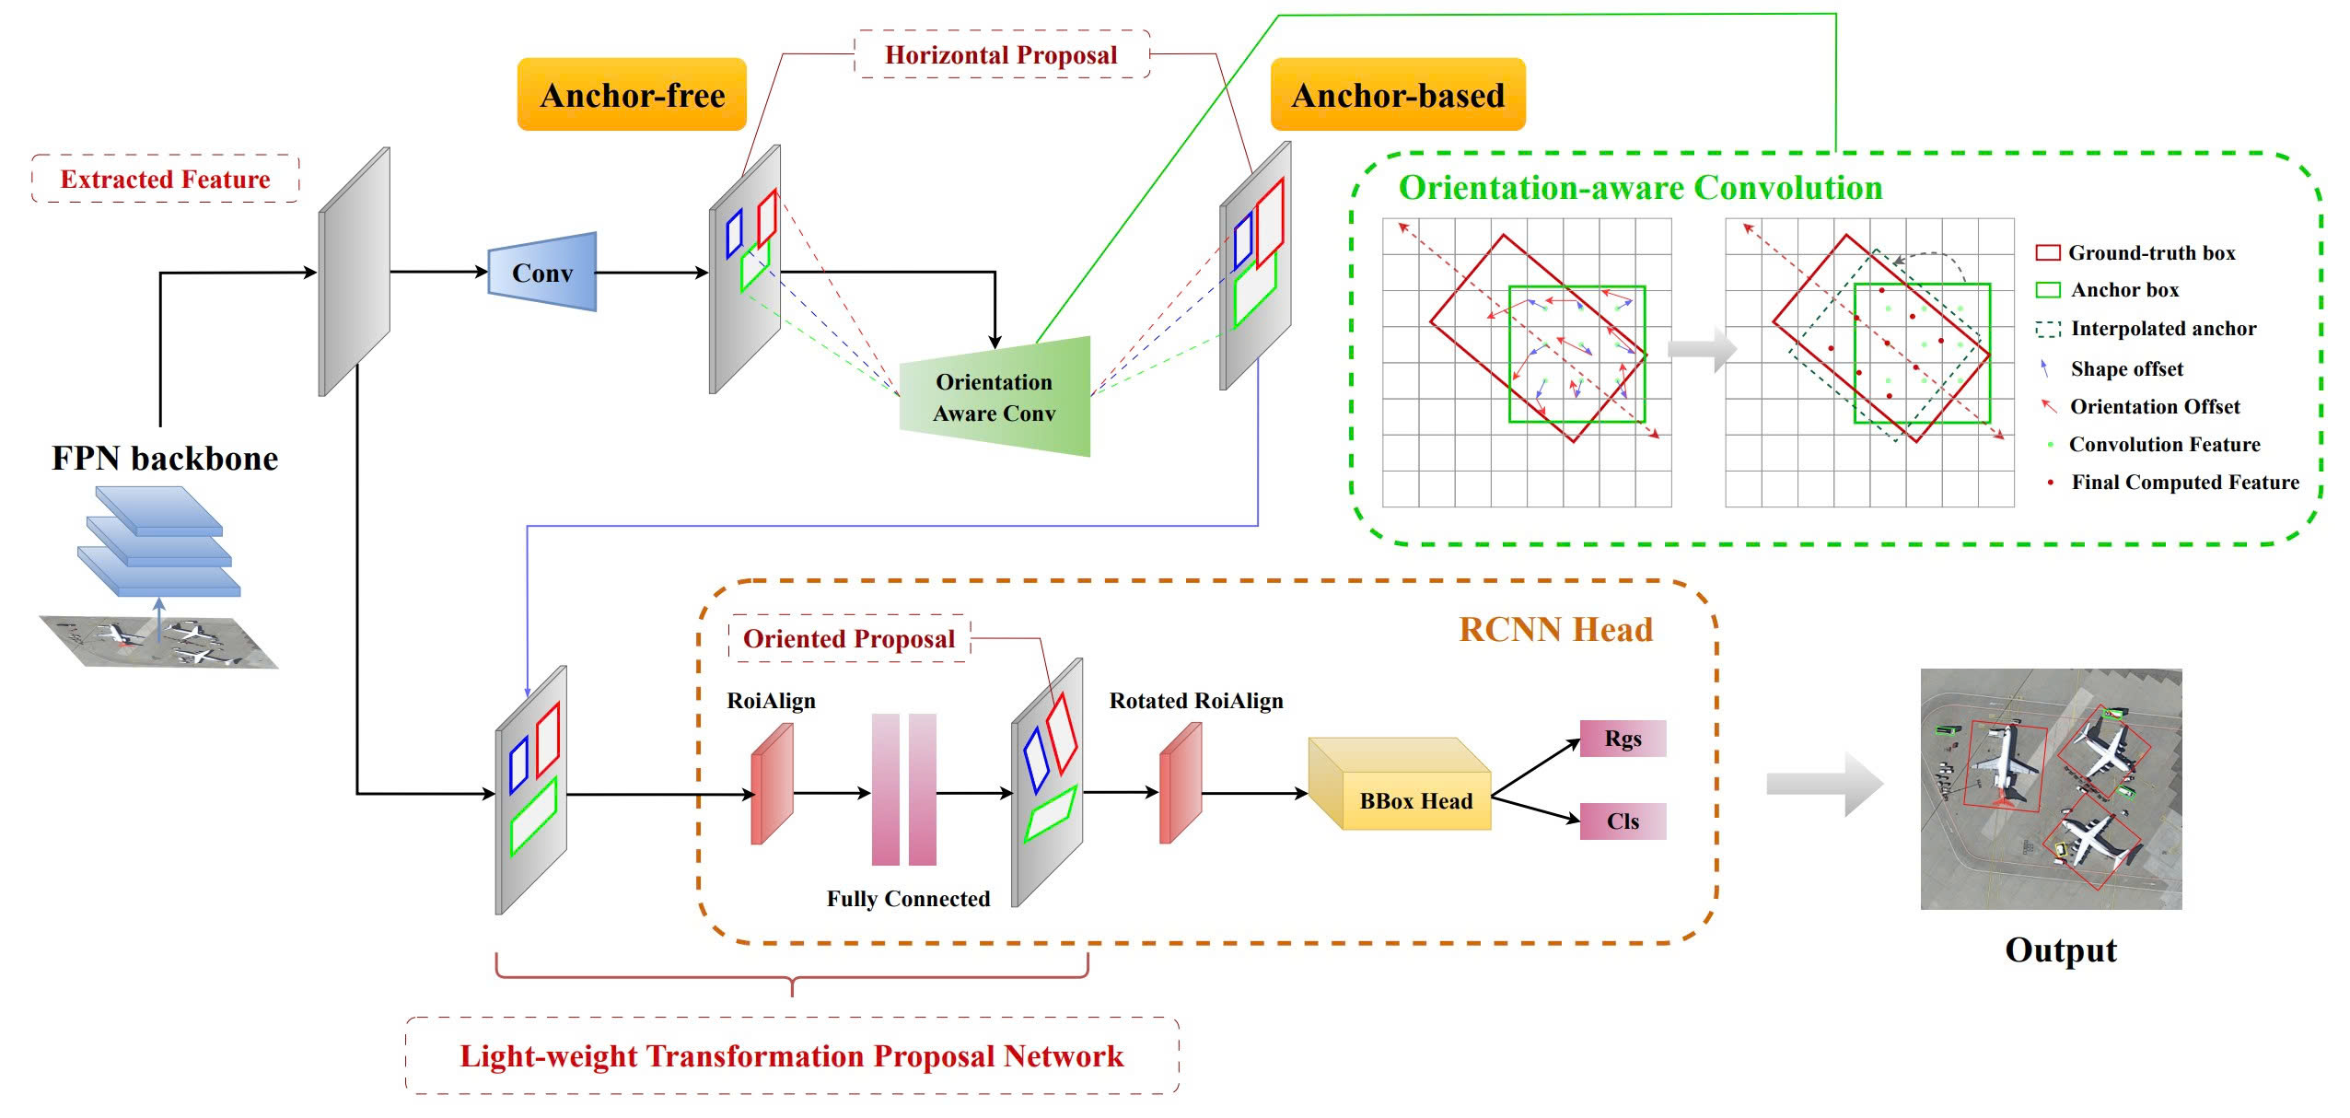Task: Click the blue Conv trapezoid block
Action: [x=542, y=273]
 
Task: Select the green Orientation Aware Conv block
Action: [x=995, y=397]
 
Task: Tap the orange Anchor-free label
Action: [x=632, y=95]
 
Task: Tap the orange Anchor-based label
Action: [x=1398, y=95]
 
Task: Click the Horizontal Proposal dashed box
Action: [x=1002, y=54]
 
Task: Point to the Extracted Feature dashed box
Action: [x=166, y=179]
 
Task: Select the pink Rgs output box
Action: [x=1623, y=739]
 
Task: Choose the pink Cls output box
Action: [x=1623, y=821]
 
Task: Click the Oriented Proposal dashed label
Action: [x=849, y=638]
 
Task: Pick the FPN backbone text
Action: [x=165, y=458]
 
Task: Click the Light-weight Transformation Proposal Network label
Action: [x=792, y=1055]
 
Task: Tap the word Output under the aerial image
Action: [x=2061, y=949]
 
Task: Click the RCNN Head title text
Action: [x=1556, y=629]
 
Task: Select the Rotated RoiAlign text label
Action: [x=1196, y=701]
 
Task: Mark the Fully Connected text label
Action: [x=908, y=899]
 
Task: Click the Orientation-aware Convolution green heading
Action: [x=1640, y=188]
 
